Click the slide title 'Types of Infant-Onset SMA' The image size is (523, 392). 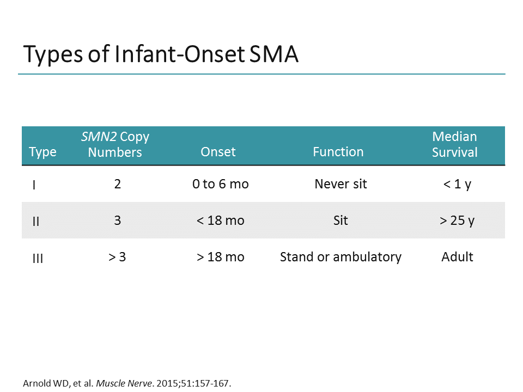point(161,55)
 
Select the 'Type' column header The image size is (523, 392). point(42,152)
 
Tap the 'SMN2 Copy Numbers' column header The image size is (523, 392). point(115,144)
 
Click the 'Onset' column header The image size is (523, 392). point(218,152)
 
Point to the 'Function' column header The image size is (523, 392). point(338,152)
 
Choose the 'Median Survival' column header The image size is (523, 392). point(454,144)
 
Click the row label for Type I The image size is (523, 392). point(34,185)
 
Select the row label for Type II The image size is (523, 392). point(36,221)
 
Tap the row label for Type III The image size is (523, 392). point(38,258)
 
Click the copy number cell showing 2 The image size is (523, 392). point(117,184)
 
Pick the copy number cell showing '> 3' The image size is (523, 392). point(117,257)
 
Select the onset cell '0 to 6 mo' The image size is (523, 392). point(220,184)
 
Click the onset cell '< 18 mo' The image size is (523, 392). point(220,220)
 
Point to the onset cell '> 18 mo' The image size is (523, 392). point(220,257)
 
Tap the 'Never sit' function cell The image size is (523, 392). point(340,184)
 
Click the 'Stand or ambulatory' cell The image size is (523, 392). point(340,257)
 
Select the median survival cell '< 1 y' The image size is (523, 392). point(457,184)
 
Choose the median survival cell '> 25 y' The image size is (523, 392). point(457,220)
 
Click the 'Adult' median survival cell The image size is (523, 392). point(457,257)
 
